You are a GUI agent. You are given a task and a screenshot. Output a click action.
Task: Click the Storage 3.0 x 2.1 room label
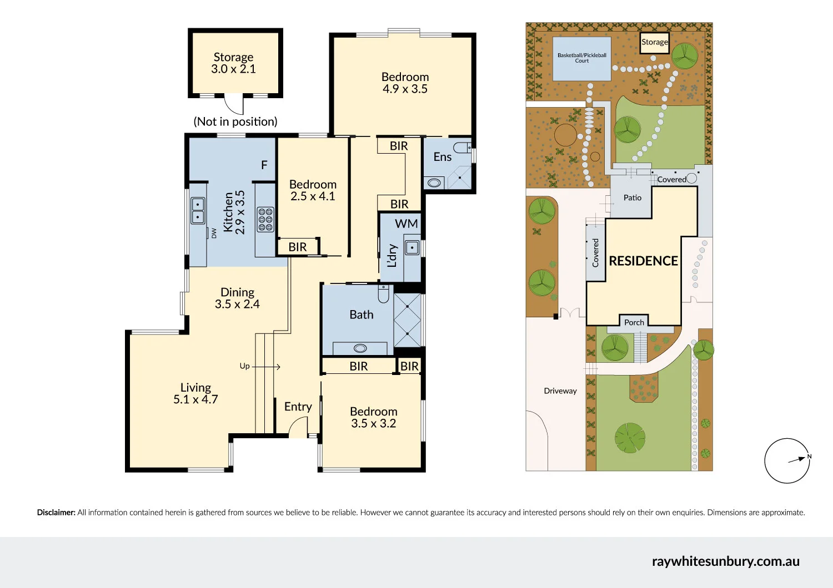point(234,63)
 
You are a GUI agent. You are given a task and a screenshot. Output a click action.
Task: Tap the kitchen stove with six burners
point(265,220)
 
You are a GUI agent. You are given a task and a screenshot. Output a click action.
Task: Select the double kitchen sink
point(198,211)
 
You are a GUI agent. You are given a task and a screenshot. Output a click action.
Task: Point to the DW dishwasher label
point(214,234)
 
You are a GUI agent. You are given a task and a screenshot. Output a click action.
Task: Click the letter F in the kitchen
point(264,165)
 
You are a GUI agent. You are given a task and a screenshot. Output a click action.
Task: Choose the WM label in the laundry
point(406,224)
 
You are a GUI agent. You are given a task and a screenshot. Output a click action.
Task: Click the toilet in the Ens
point(463,148)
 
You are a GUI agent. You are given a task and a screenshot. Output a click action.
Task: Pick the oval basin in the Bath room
point(360,348)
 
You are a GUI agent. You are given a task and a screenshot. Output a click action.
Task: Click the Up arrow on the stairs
point(266,367)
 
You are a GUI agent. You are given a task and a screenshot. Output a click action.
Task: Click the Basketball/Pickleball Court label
point(581,58)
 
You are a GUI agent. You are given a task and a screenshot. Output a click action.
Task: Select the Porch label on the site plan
point(634,322)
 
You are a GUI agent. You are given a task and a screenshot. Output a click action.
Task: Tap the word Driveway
point(560,391)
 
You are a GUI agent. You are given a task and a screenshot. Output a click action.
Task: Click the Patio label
point(632,197)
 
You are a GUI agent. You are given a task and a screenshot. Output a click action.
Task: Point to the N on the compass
point(809,457)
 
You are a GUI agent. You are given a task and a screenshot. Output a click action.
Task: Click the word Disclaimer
point(56,513)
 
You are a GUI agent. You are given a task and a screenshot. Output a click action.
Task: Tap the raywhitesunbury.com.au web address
point(725,561)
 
